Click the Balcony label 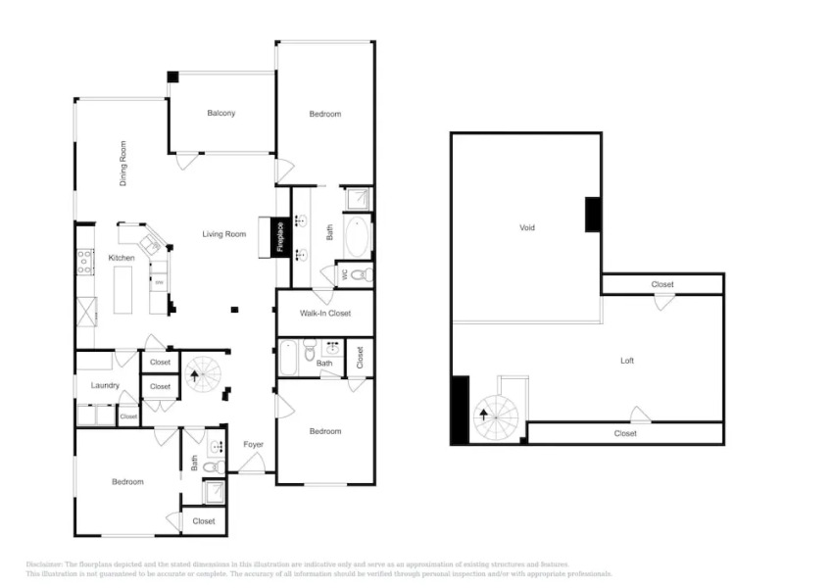point(220,114)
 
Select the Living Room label point(223,234)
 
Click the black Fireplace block point(280,237)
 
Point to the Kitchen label point(122,258)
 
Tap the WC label point(342,274)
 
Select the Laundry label point(105,385)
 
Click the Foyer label point(254,445)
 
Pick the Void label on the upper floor point(527,227)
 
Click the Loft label point(627,361)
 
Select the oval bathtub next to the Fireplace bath point(357,237)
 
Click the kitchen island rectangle point(122,290)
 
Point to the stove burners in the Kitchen point(85,262)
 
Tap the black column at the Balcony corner point(173,76)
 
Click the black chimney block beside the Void point(593,215)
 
